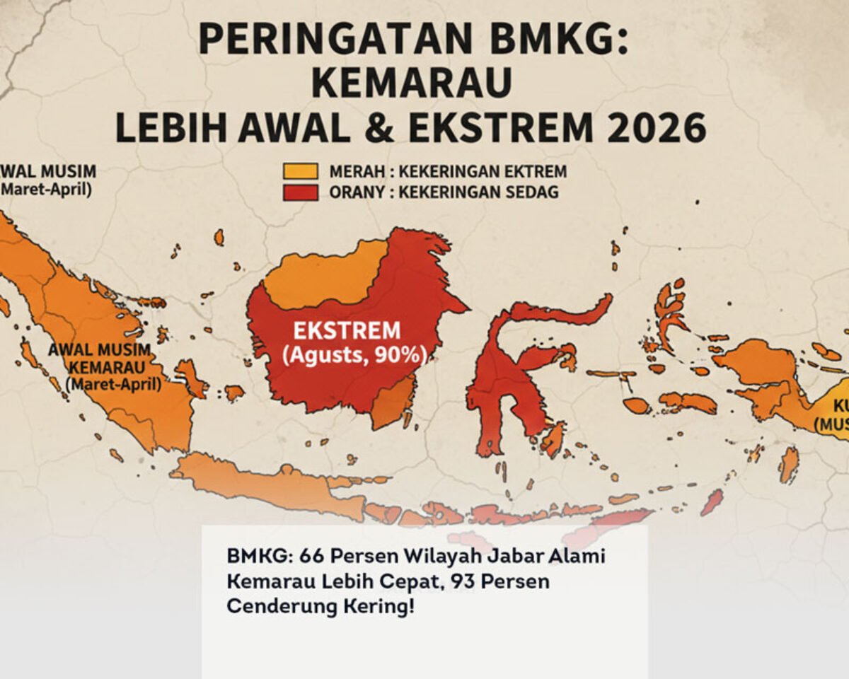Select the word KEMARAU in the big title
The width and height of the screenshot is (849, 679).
[x=411, y=83]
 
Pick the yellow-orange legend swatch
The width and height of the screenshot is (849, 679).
[x=301, y=171]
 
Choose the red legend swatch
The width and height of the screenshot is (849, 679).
[x=301, y=192]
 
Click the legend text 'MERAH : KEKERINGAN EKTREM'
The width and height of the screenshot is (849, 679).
[x=448, y=171]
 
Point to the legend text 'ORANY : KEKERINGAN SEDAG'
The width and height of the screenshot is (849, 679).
[x=444, y=192]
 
